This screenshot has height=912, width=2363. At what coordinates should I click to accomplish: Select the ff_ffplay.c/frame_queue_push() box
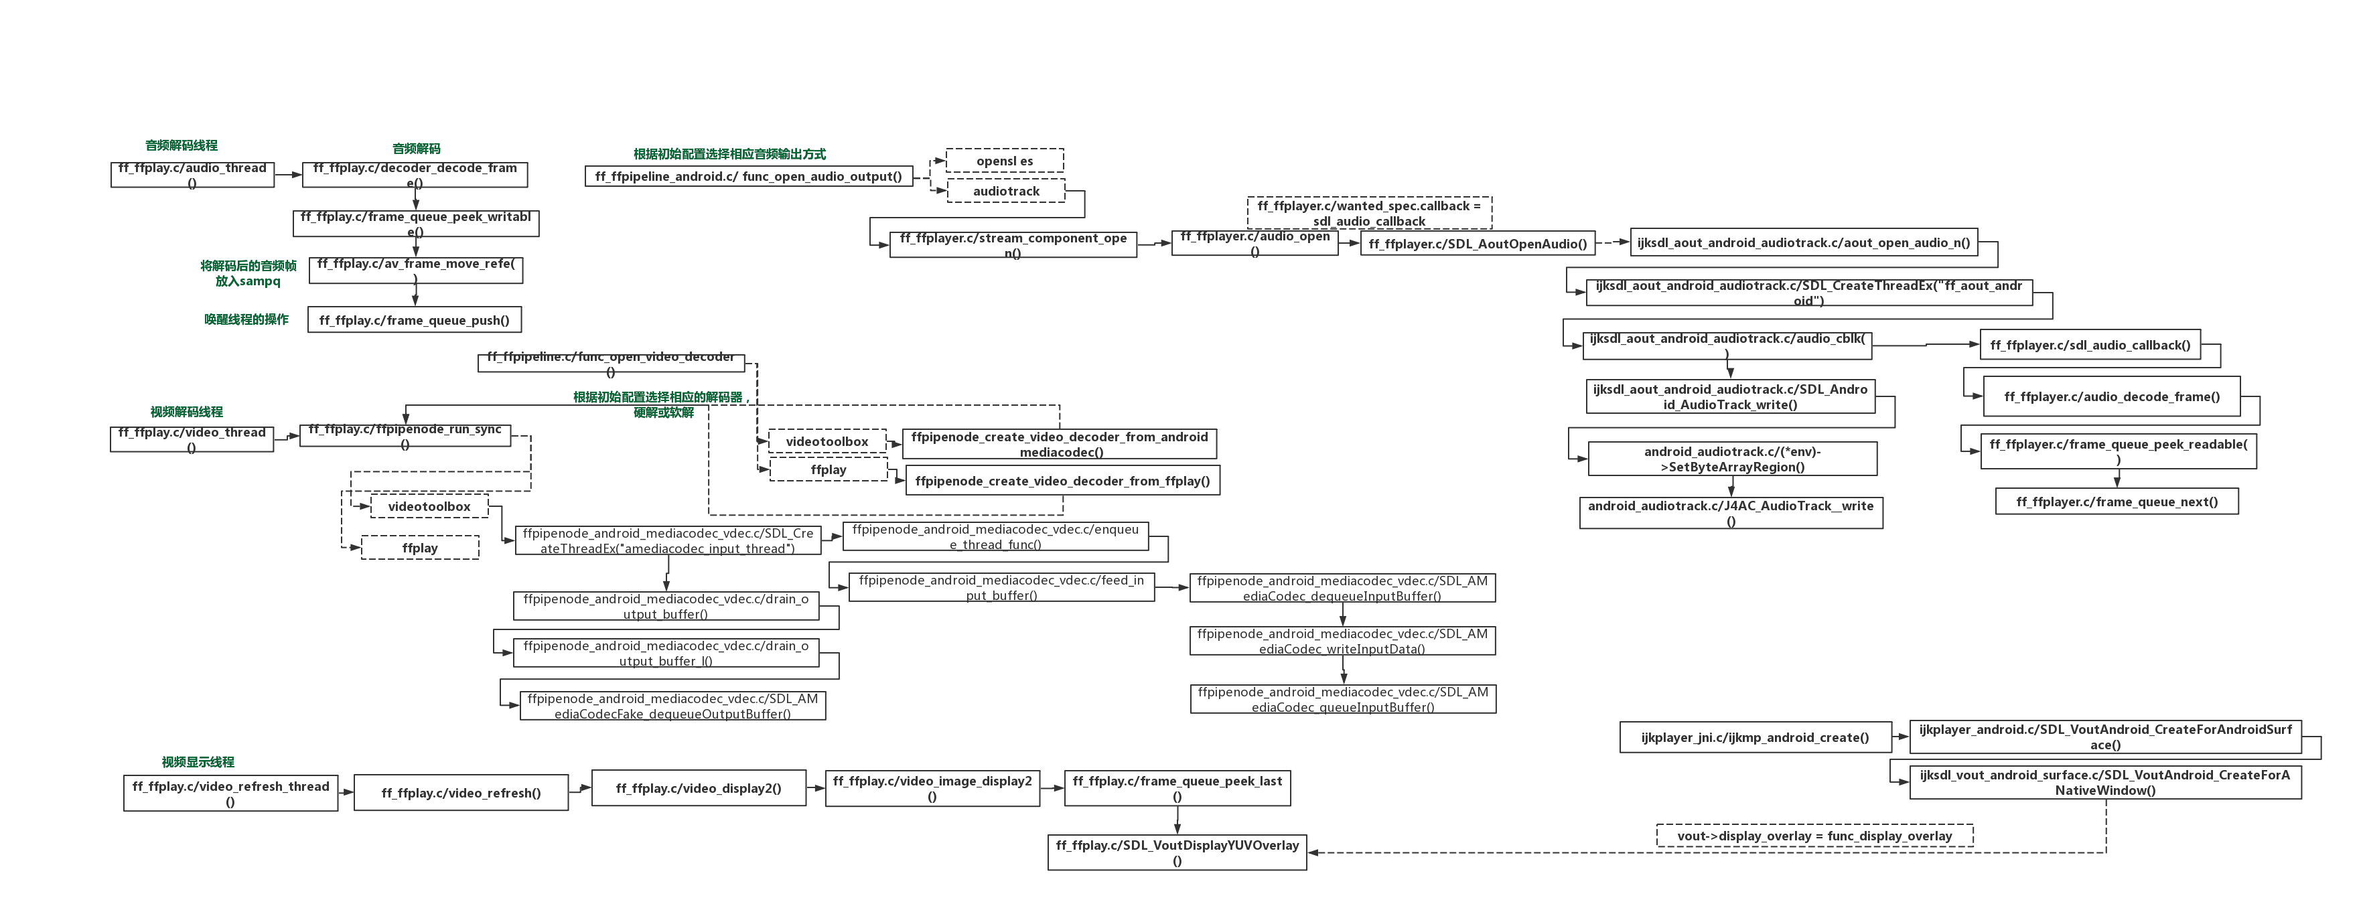pyautogui.click(x=414, y=320)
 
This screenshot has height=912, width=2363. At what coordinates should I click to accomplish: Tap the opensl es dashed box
pyautogui.click(x=1005, y=161)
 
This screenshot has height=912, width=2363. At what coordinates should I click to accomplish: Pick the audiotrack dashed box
pyautogui.click(x=1006, y=191)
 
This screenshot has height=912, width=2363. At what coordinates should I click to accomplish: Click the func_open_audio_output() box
pyautogui.click(x=749, y=176)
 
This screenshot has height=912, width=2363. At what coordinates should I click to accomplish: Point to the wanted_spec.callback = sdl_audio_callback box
pyautogui.click(x=1368, y=213)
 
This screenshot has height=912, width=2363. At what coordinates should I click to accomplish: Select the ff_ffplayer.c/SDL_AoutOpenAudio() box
pyautogui.click(x=1478, y=243)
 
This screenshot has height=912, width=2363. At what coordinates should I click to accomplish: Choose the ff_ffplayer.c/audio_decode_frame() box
pyautogui.click(x=2112, y=396)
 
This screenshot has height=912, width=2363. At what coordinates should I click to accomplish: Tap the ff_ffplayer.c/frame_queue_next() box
pyautogui.click(x=2117, y=501)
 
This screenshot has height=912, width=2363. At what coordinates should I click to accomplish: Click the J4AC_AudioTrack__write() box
pyautogui.click(x=1731, y=513)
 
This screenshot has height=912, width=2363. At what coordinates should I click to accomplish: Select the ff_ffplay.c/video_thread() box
pyautogui.click(x=192, y=439)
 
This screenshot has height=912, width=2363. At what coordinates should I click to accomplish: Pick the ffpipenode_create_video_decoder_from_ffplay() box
pyautogui.click(x=1062, y=481)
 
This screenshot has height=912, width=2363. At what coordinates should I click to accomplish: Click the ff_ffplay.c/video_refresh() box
pyautogui.click(x=461, y=793)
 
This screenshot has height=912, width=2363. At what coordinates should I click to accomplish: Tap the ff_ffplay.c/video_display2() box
pyautogui.click(x=698, y=788)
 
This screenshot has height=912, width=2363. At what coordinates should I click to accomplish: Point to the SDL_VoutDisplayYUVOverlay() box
pyautogui.click(x=1177, y=852)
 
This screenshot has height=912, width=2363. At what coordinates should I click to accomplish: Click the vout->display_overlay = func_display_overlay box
pyautogui.click(x=1814, y=836)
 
